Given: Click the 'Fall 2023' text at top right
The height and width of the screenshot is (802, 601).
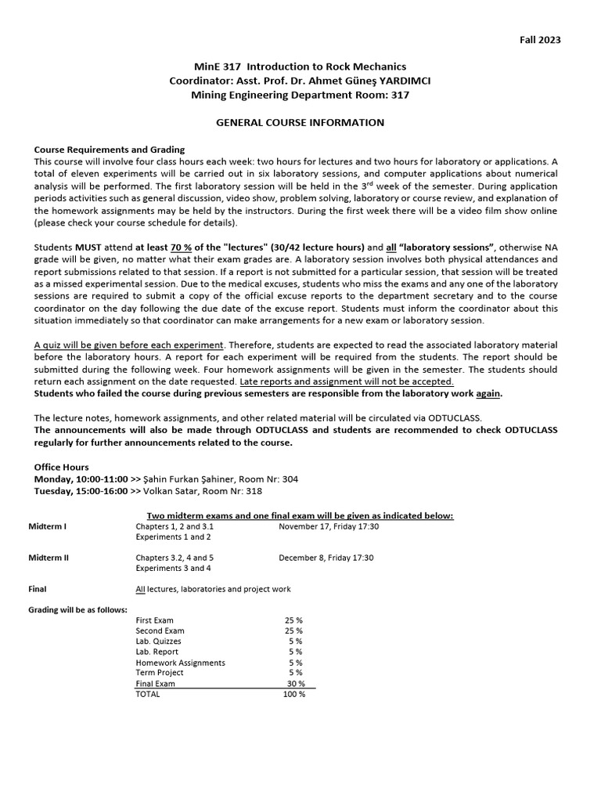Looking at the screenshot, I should pyautogui.click(x=540, y=40).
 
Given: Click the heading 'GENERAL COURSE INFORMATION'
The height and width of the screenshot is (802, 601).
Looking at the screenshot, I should pyautogui.click(x=300, y=122).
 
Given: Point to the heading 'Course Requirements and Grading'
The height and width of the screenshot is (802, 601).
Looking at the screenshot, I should pyautogui.click(x=110, y=150).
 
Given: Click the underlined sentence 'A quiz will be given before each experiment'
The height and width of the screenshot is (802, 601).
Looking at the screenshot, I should pyautogui.click(x=129, y=345).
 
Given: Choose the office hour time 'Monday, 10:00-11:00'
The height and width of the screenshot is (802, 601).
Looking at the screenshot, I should pyautogui.click(x=81, y=479).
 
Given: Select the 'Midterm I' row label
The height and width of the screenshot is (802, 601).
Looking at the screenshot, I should pyautogui.click(x=47, y=526).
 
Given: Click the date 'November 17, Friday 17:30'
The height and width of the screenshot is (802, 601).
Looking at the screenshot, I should pyautogui.click(x=329, y=526).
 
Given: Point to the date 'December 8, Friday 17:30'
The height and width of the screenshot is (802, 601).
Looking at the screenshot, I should pyautogui.click(x=326, y=558).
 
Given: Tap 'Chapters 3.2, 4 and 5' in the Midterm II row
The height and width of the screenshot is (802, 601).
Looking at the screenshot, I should pyautogui.click(x=175, y=558).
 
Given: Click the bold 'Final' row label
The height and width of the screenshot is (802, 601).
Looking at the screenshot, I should pyautogui.click(x=38, y=589).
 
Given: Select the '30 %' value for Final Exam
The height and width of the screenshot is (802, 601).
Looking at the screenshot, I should pyautogui.click(x=296, y=683).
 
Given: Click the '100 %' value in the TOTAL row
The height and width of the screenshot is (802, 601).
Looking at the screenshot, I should pyautogui.click(x=294, y=694).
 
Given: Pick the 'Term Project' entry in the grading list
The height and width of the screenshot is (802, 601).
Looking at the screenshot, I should pyautogui.click(x=160, y=672).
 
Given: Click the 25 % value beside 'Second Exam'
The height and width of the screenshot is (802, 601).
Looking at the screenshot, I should pyautogui.click(x=293, y=630).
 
